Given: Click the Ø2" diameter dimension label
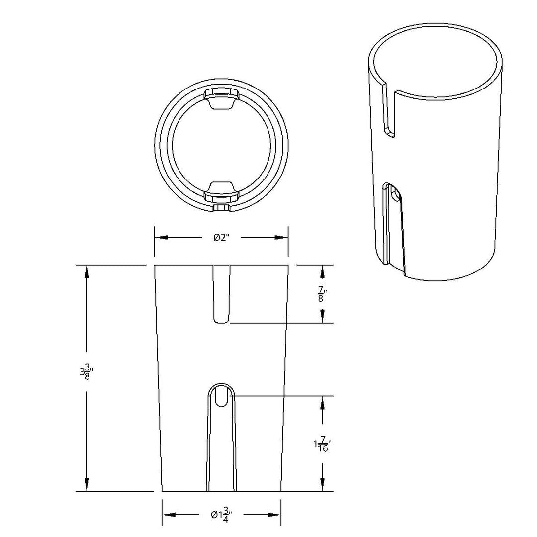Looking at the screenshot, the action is pos(221,237).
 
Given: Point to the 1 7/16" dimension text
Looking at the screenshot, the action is pos(322,444).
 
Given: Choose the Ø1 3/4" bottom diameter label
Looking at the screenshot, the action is pos(222,515).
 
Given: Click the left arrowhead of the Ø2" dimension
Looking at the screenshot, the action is pos(161,237).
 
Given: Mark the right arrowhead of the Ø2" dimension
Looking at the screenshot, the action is pos(281,237).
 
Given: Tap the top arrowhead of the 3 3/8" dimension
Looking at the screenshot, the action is pos(87,272).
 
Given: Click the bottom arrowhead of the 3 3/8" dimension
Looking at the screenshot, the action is pos(87,485).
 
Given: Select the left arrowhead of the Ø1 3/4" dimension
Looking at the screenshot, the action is pos(169,515).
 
